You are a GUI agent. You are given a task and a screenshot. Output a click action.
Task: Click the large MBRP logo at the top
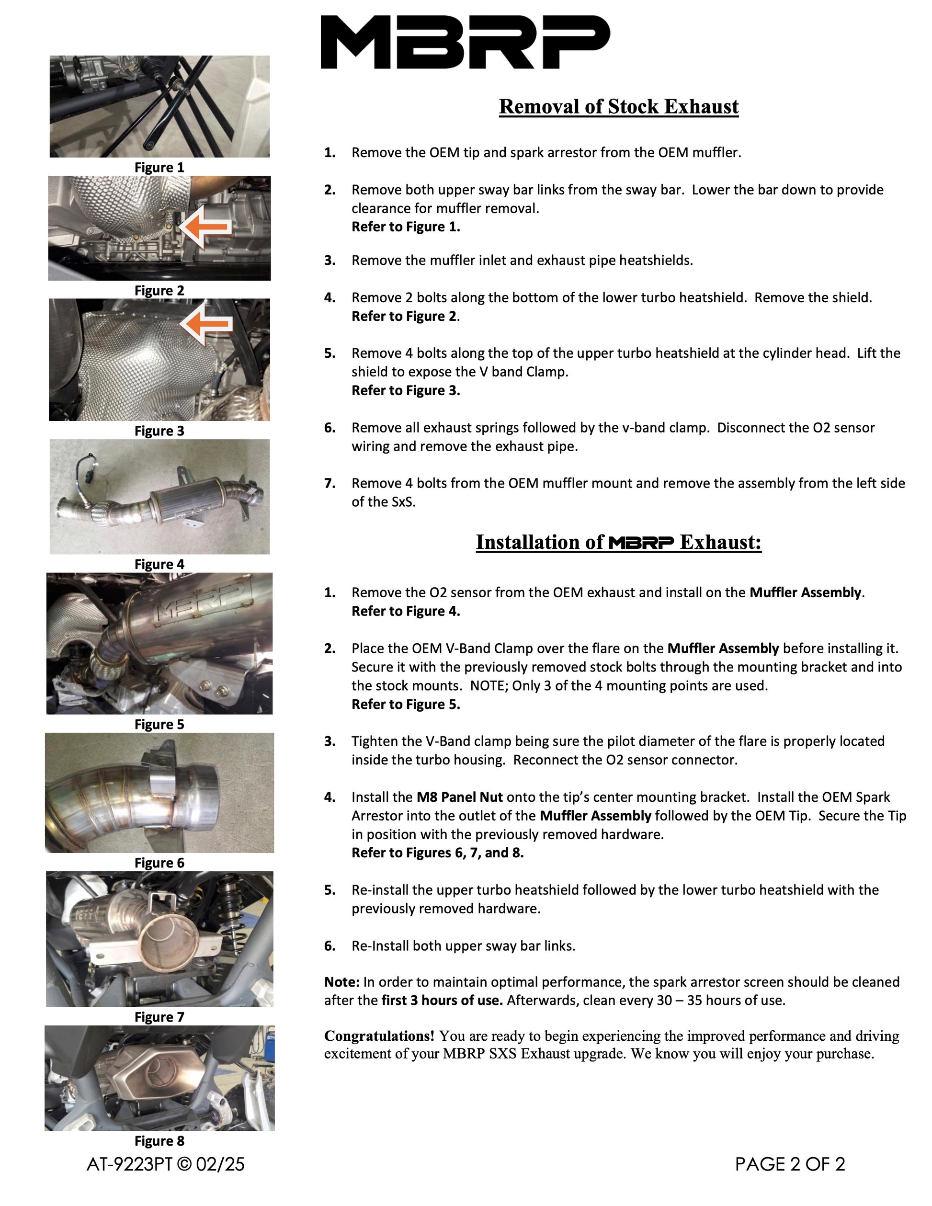pos(465,42)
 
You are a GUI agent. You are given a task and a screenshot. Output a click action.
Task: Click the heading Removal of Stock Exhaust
pos(618,107)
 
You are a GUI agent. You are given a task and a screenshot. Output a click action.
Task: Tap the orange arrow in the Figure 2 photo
pos(205,227)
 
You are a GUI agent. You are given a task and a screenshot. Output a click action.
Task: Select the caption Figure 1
pos(159,167)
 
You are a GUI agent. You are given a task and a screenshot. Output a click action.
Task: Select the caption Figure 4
pos(159,564)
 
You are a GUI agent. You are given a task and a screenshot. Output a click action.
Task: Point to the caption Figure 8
pos(159,1141)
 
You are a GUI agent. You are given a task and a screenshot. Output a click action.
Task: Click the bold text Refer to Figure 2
pos(405,317)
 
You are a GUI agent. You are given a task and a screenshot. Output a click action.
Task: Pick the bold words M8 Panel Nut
pos(459,797)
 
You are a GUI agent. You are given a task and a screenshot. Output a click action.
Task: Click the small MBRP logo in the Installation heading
pos(641,543)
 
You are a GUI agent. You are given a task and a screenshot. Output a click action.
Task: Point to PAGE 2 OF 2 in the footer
pos(790,1165)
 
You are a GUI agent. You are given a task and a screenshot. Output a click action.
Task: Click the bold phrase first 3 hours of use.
pos(442,1001)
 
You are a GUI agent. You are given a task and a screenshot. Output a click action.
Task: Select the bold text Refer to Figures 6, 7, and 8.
pos(437,853)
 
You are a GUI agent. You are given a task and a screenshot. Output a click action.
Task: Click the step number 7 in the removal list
pos(330,484)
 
